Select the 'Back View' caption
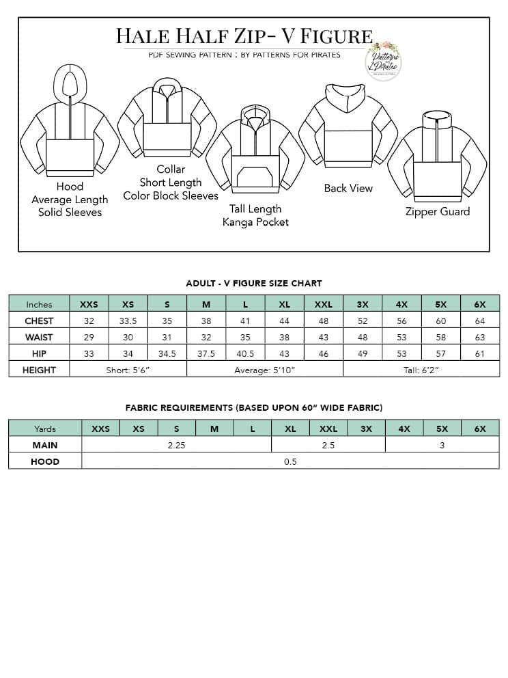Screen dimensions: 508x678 pyautogui.click(x=348, y=188)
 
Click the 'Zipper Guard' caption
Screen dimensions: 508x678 pyautogui.click(x=438, y=211)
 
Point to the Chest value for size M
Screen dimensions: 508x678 pyautogui.click(x=206, y=321)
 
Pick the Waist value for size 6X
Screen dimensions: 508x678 pyautogui.click(x=480, y=337)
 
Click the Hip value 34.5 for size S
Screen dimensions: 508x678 pyautogui.click(x=167, y=353)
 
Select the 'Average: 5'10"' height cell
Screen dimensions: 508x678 pyautogui.click(x=265, y=370)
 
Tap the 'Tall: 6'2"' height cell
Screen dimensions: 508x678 pyautogui.click(x=421, y=370)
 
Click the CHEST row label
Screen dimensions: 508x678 pyautogui.click(x=39, y=321)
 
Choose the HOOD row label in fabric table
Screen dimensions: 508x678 pyautogui.click(x=45, y=461)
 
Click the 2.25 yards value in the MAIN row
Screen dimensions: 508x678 pyautogui.click(x=177, y=445)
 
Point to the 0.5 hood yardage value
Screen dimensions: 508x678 pyautogui.click(x=290, y=461)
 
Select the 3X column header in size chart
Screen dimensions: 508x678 pyautogui.click(x=363, y=304)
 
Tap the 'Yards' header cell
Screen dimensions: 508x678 pyautogui.click(x=45, y=429)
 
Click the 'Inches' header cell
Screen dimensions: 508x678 pyautogui.click(x=39, y=304)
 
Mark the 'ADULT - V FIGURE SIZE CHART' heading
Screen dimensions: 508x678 pyautogui.click(x=254, y=283)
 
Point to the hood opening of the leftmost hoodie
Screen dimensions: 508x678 pyautogui.click(x=70, y=83)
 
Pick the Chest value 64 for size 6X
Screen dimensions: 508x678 pyautogui.click(x=480, y=321)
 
